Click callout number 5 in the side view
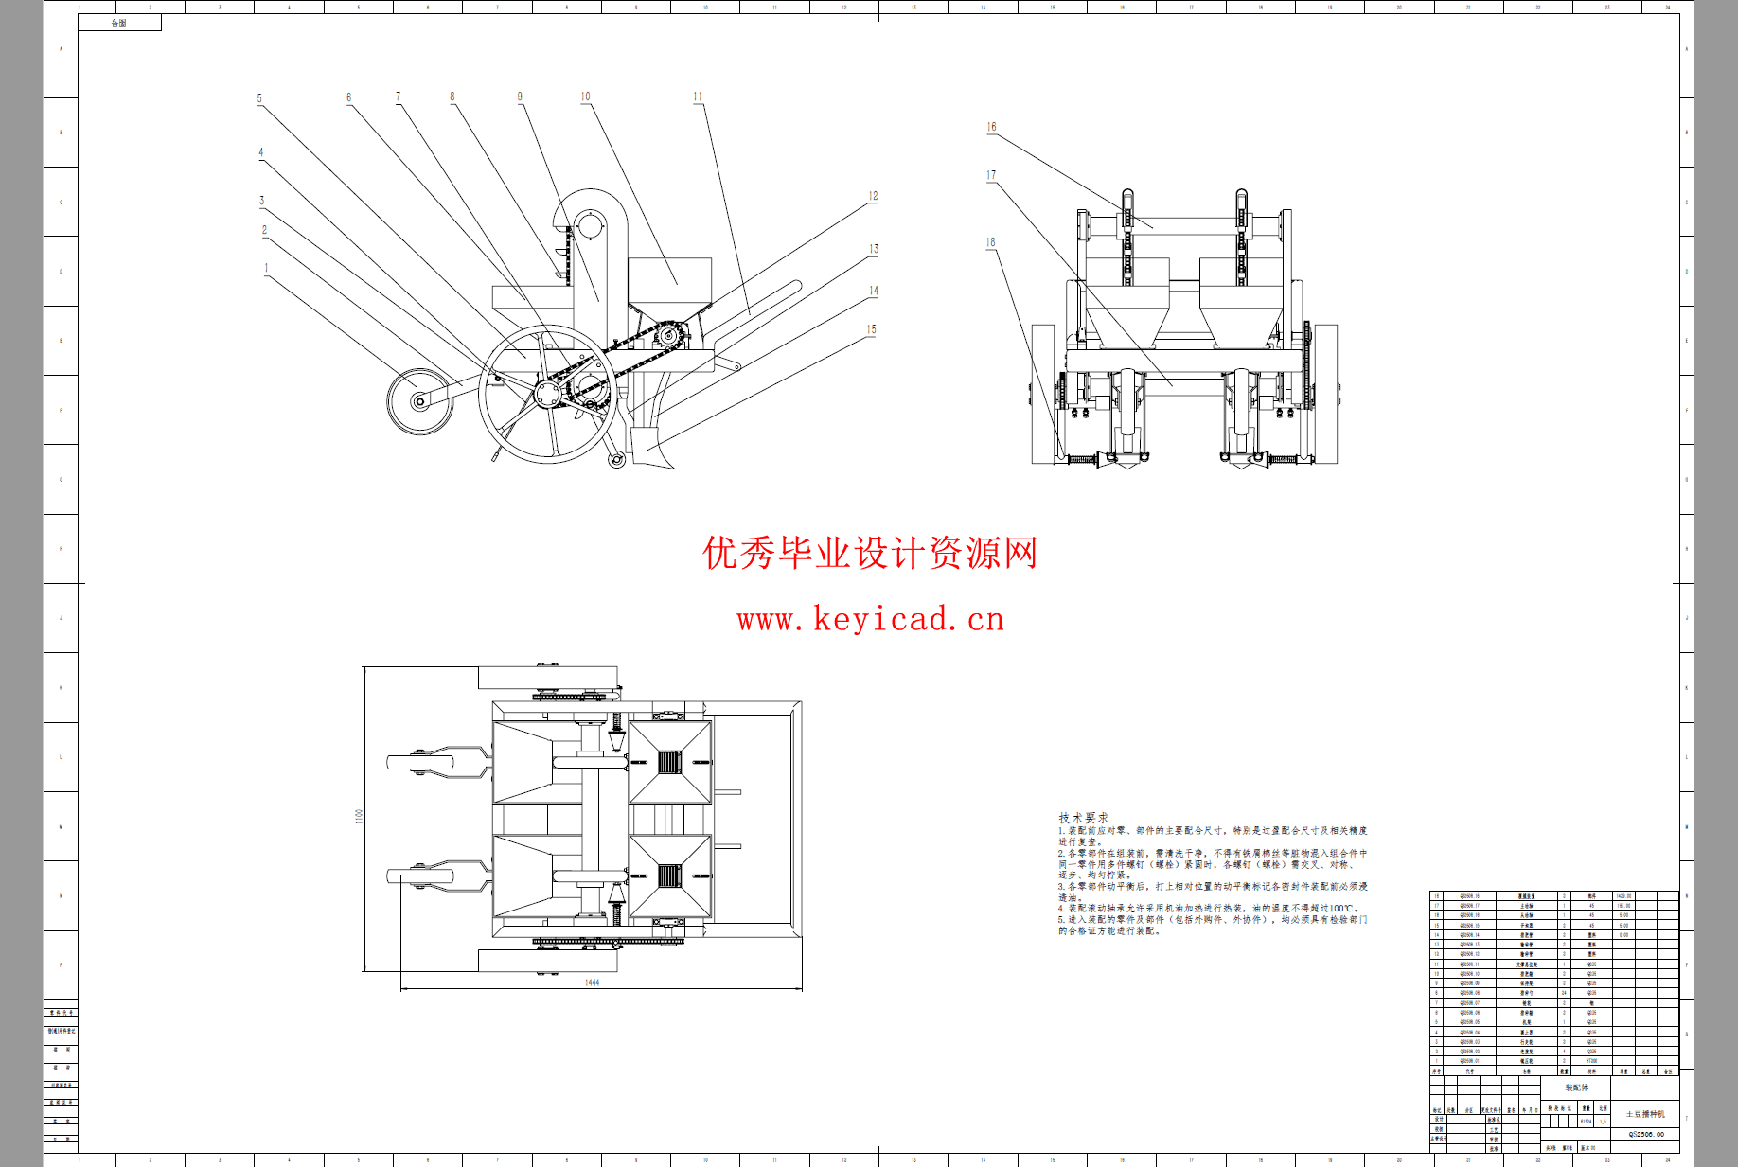tap(259, 98)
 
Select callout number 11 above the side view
tap(698, 97)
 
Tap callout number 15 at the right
tap(871, 329)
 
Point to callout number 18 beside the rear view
tap(990, 242)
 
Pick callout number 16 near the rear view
tap(991, 127)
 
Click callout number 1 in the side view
tap(266, 268)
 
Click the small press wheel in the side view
tap(419, 401)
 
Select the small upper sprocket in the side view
tap(669, 335)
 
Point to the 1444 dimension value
tap(592, 982)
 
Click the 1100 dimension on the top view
tap(359, 816)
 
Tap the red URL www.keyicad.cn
tap(870, 619)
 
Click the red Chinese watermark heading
tap(870, 553)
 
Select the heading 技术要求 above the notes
tap(1083, 817)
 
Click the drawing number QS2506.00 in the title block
tap(1646, 1134)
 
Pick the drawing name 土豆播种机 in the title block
tap(1645, 1114)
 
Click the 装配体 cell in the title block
tap(1576, 1087)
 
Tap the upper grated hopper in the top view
tap(669, 762)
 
